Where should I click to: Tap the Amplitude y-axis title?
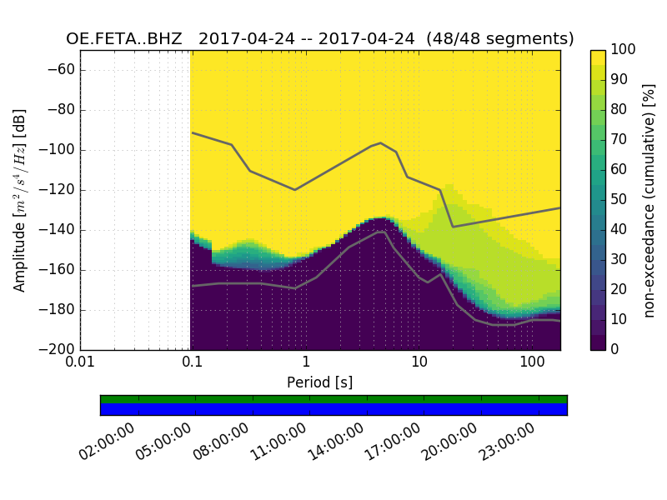click(20, 200)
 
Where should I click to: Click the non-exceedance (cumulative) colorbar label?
click(649, 200)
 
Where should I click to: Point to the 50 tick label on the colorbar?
click(620, 200)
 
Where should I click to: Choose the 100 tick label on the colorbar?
click(624, 50)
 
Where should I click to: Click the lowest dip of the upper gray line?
click(453, 227)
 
